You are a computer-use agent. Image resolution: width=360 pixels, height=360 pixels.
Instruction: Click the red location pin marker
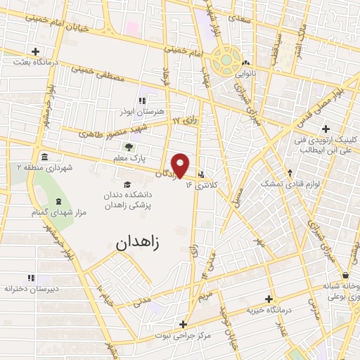coord(181,165)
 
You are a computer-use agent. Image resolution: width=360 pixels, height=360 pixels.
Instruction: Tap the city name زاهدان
coord(136,243)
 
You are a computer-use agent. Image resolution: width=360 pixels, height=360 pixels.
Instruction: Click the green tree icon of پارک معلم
coord(129,147)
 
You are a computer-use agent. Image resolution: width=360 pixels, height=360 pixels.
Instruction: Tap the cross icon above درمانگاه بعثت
coord(36,51)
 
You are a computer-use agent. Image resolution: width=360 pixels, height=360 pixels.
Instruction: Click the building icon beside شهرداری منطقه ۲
coord(44,156)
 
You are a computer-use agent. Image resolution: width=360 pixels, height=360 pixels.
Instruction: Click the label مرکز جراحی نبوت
coord(181,336)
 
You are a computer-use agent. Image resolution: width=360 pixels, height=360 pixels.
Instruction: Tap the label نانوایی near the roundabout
coord(244,73)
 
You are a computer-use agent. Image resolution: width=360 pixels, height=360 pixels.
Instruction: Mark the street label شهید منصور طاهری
coord(101,130)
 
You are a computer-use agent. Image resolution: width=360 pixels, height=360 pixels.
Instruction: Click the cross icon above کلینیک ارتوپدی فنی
coord(325,129)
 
